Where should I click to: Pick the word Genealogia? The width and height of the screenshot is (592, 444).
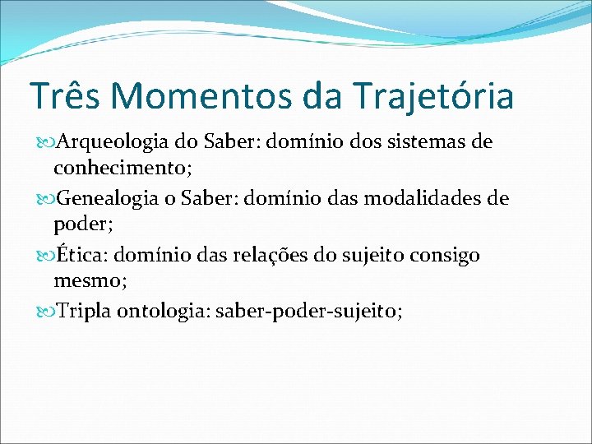click(x=104, y=198)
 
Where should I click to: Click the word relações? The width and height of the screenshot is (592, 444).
click(x=269, y=255)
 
